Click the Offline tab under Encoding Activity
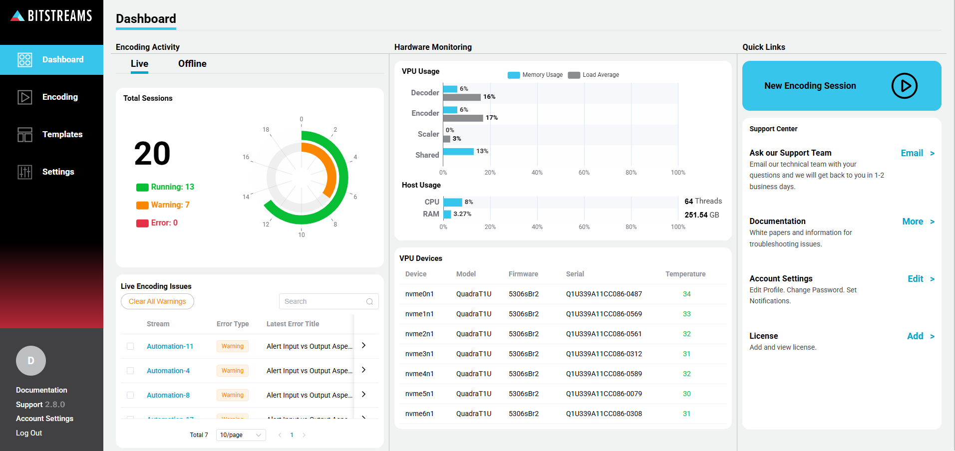coord(192,64)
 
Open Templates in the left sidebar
coord(62,134)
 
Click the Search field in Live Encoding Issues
coord(323,301)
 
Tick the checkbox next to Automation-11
coord(130,346)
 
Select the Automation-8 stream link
coord(168,395)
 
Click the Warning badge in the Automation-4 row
coord(233,371)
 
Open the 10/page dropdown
coord(241,435)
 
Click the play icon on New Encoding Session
coord(904,86)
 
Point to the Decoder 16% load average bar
coord(462,97)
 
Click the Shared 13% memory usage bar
coord(458,152)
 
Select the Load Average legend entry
coord(594,75)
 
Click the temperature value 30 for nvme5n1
coord(686,394)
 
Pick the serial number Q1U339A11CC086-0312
coord(604,354)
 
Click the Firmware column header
coord(523,274)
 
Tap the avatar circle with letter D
coord(31,361)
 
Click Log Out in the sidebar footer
coord(29,433)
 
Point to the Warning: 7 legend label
coord(170,205)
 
